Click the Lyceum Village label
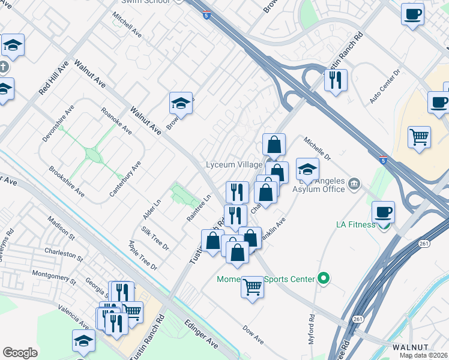tap(234, 164)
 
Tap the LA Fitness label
tap(355, 224)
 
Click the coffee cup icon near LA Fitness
tap(383, 212)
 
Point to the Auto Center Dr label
tap(385, 86)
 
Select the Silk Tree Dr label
tap(155, 238)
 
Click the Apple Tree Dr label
tap(142, 255)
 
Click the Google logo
tap(20, 353)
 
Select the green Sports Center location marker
tap(324, 278)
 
